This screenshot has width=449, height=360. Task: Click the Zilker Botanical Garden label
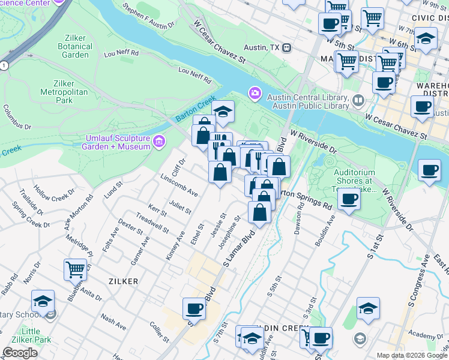click(75, 47)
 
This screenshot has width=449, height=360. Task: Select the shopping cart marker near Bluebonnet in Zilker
click(75, 269)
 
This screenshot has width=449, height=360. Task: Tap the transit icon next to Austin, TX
click(288, 47)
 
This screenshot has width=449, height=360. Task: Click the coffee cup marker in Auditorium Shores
click(349, 199)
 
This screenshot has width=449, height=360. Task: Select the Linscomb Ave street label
click(179, 185)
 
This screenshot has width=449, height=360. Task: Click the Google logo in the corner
click(20, 353)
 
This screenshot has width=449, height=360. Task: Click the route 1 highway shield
click(4, 64)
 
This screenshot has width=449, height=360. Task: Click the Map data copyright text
click(412, 355)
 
